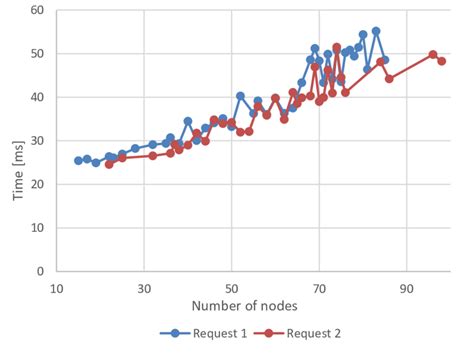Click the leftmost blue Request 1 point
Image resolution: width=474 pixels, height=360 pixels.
(78, 160)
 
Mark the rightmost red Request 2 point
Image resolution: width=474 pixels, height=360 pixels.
(441, 61)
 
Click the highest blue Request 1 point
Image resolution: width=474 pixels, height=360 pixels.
(376, 31)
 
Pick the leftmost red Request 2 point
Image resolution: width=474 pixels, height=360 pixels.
(109, 164)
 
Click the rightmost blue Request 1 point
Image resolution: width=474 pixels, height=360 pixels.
(384, 60)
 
